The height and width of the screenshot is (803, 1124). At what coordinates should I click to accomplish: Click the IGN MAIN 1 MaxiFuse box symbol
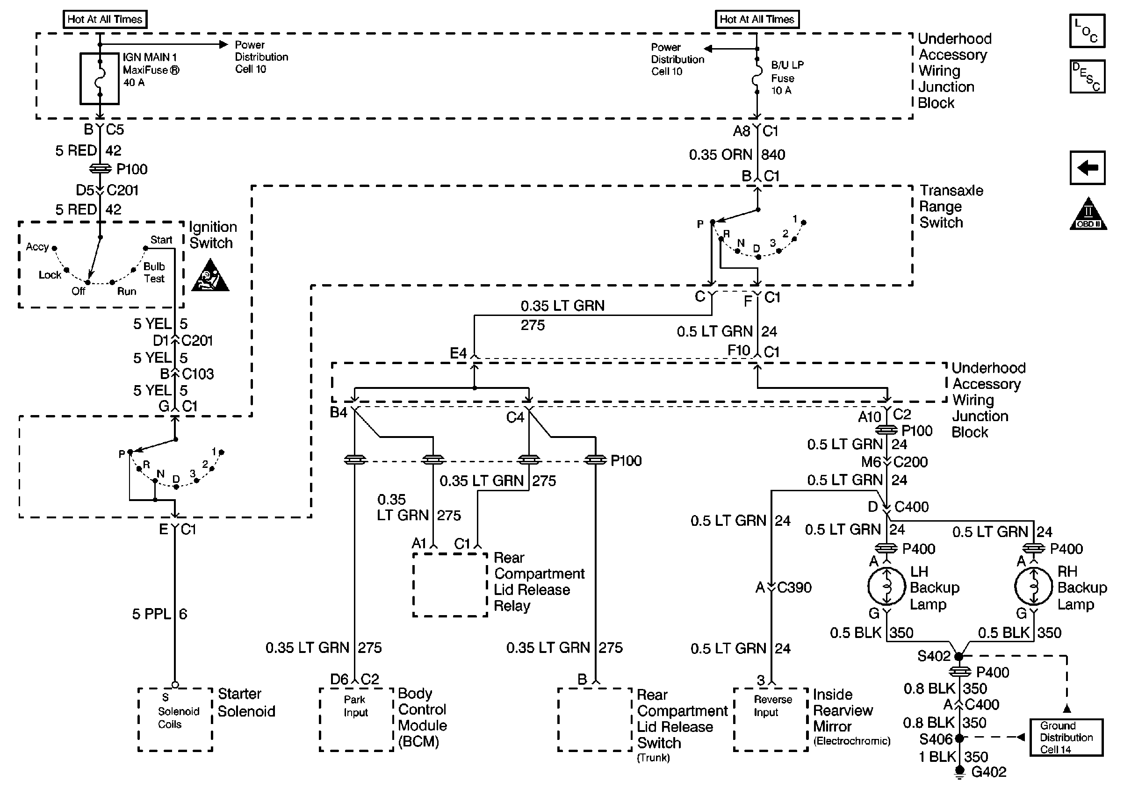tap(100, 79)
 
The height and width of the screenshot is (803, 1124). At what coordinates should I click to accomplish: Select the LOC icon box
tap(1087, 31)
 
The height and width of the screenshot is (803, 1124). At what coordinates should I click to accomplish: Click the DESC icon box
tap(1087, 77)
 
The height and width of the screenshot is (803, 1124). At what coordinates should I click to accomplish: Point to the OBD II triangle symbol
tap(1088, 215)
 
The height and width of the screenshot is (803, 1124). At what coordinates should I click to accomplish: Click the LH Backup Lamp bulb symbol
tap(886, 587)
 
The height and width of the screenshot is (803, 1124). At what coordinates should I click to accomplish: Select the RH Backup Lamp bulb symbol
tap(1033, 587)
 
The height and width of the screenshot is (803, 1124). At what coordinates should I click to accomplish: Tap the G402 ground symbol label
tap(988, 772)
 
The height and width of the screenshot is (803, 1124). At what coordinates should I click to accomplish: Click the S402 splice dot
tap(958, 657)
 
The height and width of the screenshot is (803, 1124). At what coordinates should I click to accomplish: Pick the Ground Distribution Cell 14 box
tap(1066, 737)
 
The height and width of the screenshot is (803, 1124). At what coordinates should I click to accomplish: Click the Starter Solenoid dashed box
tap(175, 719)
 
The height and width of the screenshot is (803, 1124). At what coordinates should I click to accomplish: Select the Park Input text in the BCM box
tap(355, 706)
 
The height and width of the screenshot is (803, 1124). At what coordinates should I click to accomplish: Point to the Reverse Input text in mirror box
tap(772, 706)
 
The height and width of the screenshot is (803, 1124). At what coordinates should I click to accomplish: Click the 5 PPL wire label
tap(151, 614)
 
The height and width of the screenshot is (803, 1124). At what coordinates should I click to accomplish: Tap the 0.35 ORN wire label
tap(721, 155)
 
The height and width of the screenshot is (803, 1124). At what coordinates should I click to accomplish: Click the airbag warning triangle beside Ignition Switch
tap(210, 276)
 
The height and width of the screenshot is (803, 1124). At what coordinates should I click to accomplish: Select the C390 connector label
tap(794, 588)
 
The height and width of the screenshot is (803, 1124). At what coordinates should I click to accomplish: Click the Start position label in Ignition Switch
tap(161, 240)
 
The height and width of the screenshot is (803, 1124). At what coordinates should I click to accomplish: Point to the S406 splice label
tap(935, 739)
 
